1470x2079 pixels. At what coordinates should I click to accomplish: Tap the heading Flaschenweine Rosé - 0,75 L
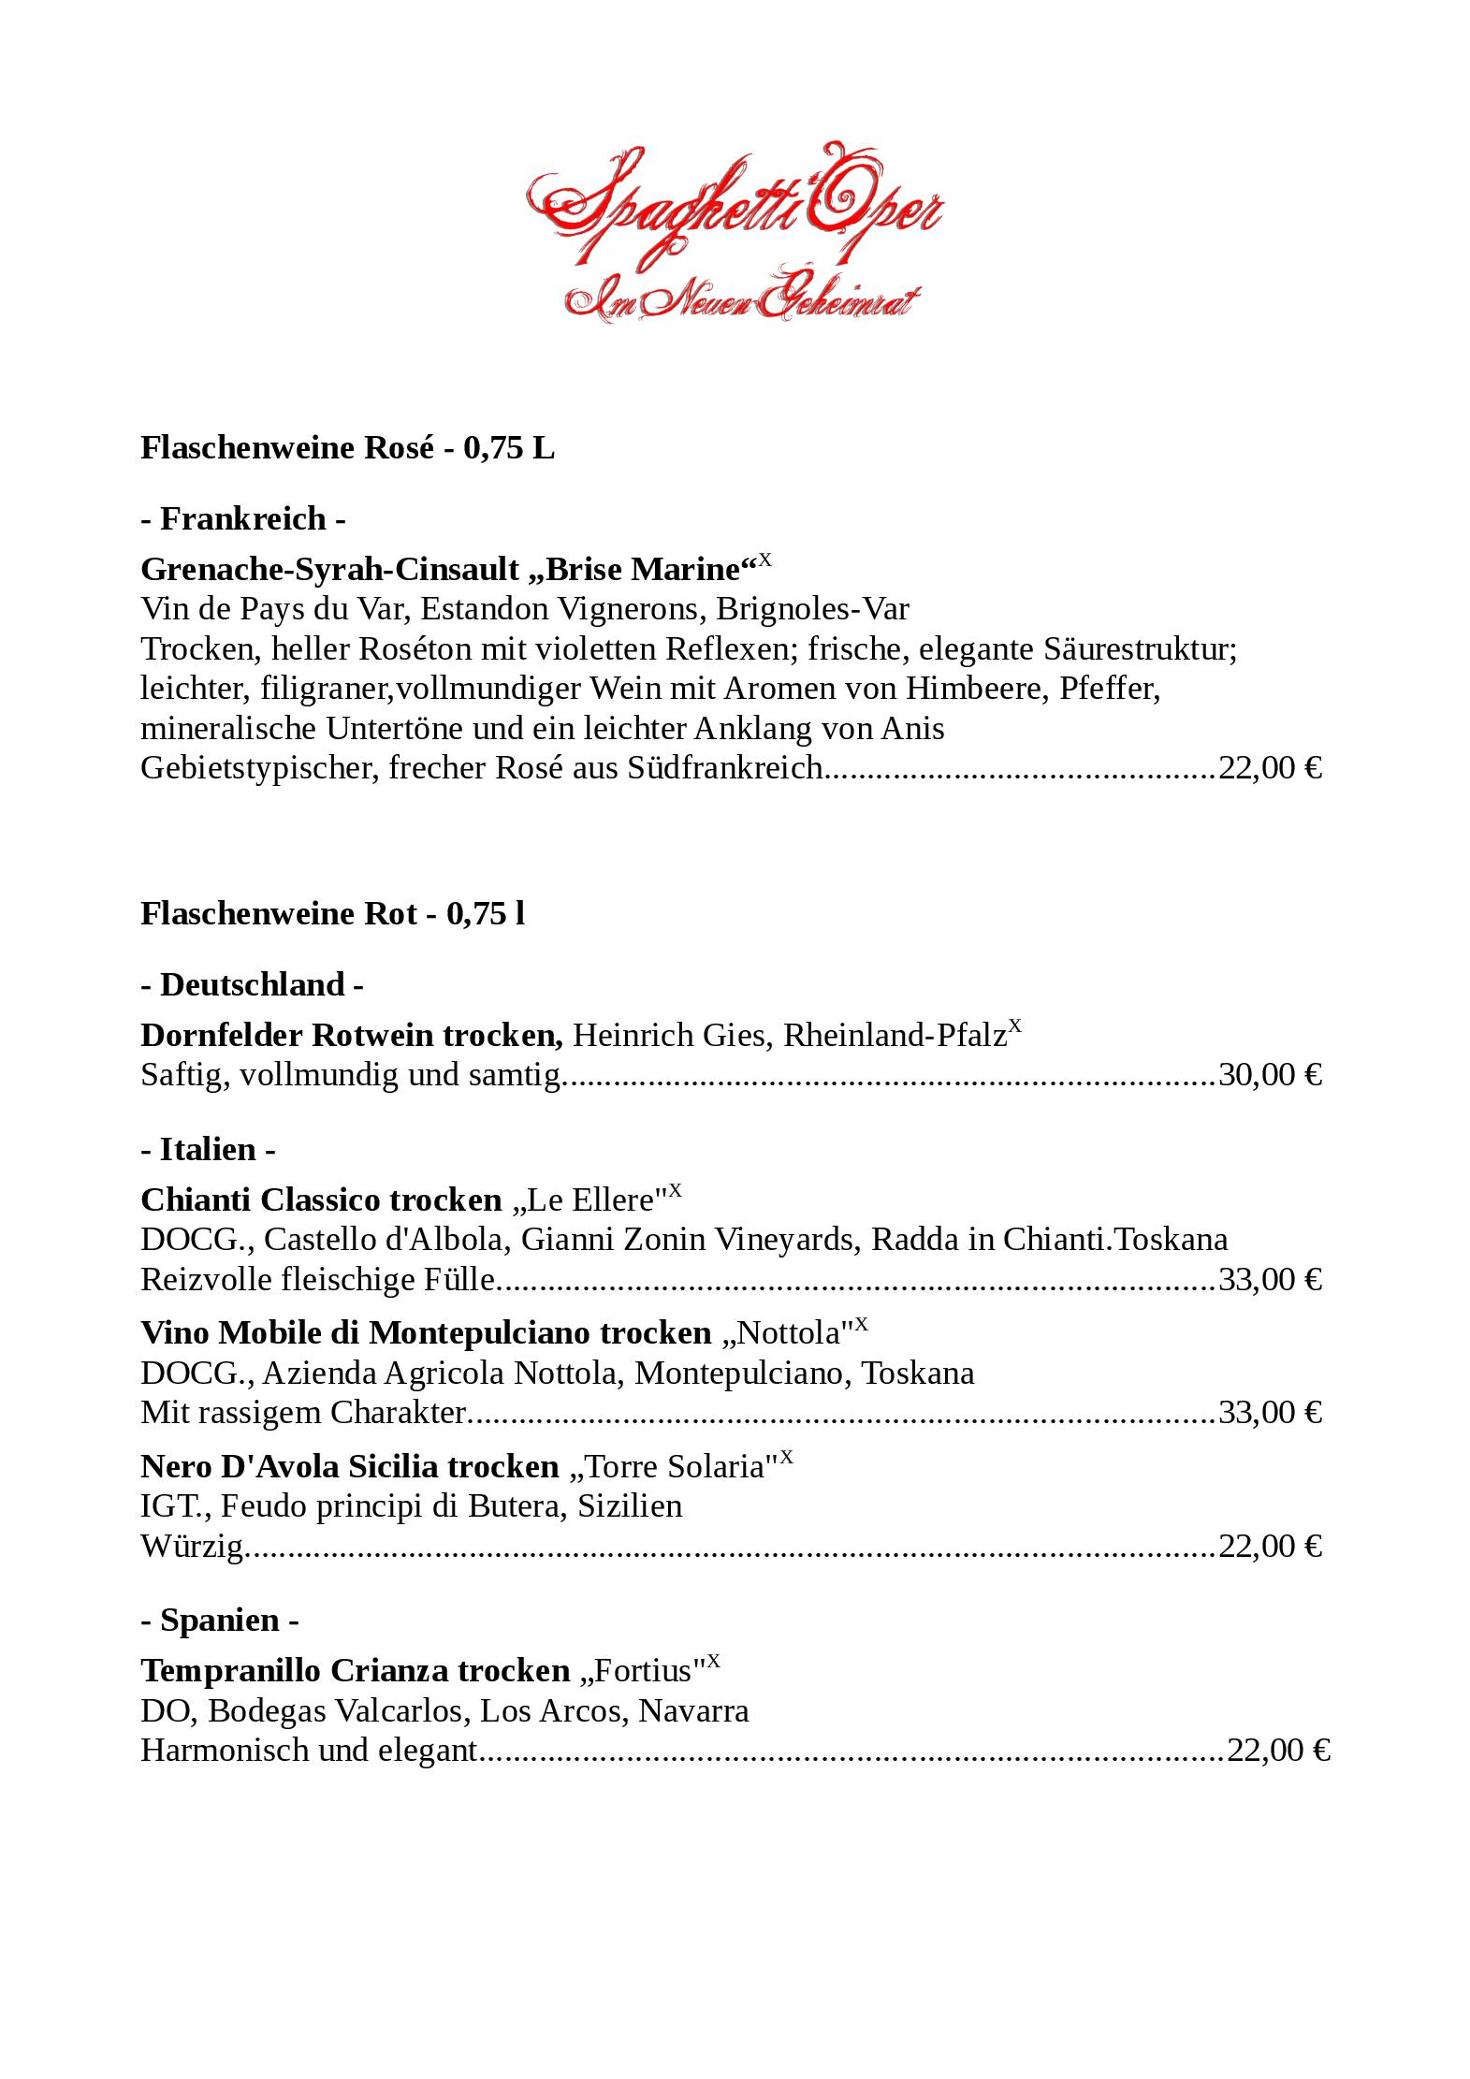point(347,448)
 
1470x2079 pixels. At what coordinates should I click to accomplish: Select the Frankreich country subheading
point(243,518)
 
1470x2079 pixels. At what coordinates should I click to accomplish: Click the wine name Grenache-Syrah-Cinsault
point(329,569)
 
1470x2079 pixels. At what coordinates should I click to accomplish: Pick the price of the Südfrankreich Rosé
point(1270,768)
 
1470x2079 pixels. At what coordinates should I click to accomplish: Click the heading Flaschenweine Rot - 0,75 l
point(332,913)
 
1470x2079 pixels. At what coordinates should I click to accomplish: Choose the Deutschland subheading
point(253,984)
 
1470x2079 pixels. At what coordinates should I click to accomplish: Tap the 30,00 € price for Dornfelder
point(1270,1074)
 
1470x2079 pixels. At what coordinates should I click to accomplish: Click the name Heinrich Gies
point(673,1035)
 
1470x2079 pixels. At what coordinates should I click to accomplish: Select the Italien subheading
point(208,1149)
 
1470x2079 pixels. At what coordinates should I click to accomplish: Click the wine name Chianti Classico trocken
point(321,1199)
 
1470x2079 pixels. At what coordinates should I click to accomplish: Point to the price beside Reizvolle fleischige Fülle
point(1270,1279)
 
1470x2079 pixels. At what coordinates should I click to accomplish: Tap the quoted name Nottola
point(793,1332)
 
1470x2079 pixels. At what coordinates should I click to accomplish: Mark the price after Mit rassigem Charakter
point(1270,1412)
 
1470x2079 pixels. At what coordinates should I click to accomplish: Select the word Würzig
point(192,1546)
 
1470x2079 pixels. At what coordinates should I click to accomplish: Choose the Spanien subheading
point(220,1620)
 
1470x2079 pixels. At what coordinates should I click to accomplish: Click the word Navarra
point(693,1710)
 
